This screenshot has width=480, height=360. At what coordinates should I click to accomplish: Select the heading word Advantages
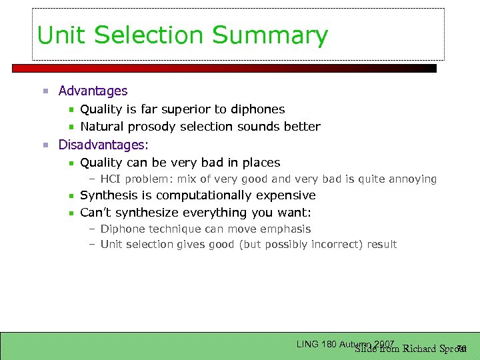(x=93, y=91)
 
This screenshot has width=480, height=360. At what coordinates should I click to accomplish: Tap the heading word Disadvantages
(x=103, y=145)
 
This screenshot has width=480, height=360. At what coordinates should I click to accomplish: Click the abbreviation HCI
(x=111, y=179)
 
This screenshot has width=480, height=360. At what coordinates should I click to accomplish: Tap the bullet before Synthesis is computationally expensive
(x=70, y=196)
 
